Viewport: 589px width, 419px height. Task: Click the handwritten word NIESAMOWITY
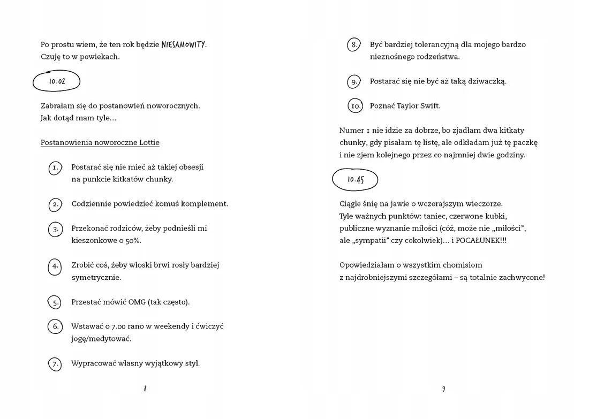pos(183,44)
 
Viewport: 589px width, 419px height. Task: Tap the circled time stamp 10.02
pos(57,82)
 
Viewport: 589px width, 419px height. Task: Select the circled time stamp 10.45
pos(355,180)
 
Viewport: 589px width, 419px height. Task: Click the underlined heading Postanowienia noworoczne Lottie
pos(100,142)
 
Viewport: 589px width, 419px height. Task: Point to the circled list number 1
pos(55,168)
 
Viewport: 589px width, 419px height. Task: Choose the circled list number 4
pos(55,266)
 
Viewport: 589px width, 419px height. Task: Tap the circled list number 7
pos(55,364)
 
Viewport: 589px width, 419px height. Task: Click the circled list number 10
pos(356,106)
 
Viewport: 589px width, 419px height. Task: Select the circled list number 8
pos(353,45)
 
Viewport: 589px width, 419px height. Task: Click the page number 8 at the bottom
pos(145,388)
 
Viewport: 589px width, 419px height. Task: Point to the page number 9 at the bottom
pos(443,388)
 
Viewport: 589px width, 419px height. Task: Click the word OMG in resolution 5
pos(137,302)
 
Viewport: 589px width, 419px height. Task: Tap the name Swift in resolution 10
pos(428,106)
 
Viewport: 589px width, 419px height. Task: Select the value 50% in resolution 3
pos(133,241)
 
